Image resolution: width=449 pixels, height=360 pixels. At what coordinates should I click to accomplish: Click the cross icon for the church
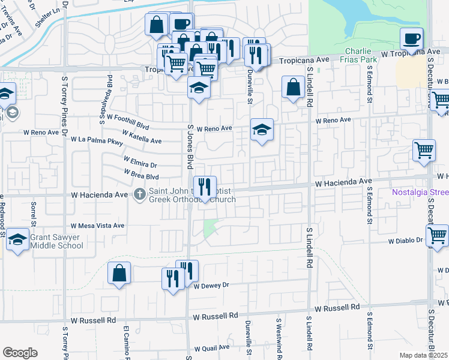tap(139, 194)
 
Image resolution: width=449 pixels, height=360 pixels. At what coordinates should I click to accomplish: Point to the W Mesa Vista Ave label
tap(97, 226)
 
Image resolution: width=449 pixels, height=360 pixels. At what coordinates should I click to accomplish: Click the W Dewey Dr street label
tap(212, 286)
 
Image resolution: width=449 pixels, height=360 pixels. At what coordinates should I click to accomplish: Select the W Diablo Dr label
tap(405, 241)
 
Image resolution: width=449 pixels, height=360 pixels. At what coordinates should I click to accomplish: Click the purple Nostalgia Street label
tap(420, 193)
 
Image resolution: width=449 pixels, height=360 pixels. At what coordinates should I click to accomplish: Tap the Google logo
tap(20, 353)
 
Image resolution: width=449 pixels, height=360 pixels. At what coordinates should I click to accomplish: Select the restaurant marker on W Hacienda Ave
tap(205, 187)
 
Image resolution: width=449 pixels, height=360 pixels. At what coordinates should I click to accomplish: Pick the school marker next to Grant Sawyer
tap(18, 239)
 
